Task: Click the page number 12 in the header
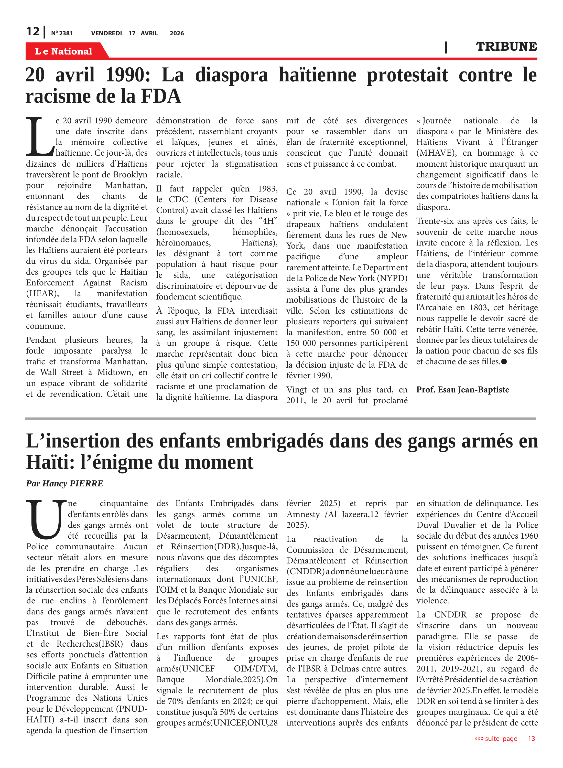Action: click(x=33, y=31)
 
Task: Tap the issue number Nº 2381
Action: click(x=62, y=33)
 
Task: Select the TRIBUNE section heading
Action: click(x=506, y=47)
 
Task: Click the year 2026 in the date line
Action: click(x=177, y=33)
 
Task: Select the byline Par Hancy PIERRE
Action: click(x=64, y=483)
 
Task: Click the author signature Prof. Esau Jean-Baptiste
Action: click(x=462, y=390)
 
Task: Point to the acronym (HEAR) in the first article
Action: click(x=42, y=293)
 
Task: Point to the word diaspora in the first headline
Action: click(x=232, y=75)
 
